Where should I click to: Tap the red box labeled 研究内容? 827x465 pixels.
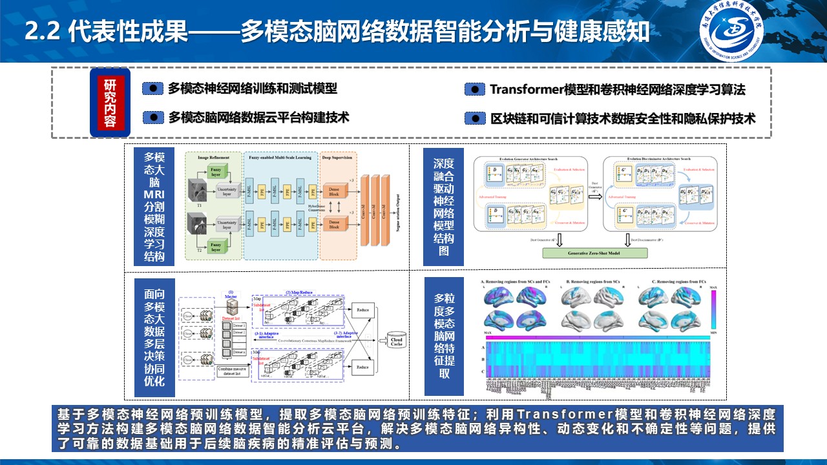[x=110, y=102]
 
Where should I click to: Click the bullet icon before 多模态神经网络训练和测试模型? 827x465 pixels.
[x=153, y=88]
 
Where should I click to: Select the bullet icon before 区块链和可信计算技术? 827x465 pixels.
[x=475, y=119]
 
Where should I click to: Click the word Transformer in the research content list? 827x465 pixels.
[x=526, y=89]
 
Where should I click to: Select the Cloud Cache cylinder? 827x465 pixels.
[x=396, y=341]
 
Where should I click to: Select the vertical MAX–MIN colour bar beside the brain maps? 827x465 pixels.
[x=713, y=309]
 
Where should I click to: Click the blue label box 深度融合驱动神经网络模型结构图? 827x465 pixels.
[x=444, y=207]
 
